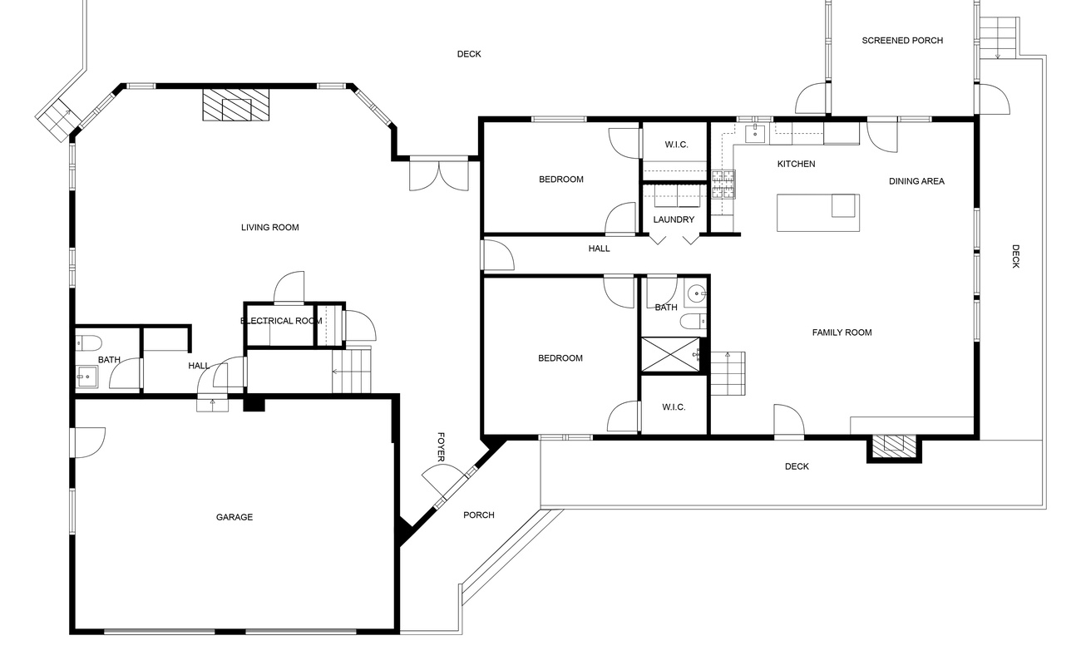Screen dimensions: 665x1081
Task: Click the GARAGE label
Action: tap(234, 517)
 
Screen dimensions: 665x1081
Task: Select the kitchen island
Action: tap(817, 212)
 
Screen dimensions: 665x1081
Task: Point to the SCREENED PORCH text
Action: tap(902, 41)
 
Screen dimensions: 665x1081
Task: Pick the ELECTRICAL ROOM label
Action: tap(281, 321)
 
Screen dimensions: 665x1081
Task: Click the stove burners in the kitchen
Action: tap(723, 185)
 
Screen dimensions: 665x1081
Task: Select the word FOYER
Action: tap(441, 447)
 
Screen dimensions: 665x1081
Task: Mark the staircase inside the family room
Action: tap(727, 374)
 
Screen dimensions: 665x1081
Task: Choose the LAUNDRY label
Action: tap(674, 220)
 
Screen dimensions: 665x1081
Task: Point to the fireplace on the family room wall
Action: tap(894, 446)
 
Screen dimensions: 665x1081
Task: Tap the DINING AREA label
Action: tap(916, 181)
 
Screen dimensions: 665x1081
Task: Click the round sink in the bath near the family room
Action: tap(697, 293)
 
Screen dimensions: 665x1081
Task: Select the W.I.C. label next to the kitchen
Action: tap(676, 145)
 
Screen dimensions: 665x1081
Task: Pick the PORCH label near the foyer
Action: tap(479, 515)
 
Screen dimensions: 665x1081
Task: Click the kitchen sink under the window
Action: tap(758, 131)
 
